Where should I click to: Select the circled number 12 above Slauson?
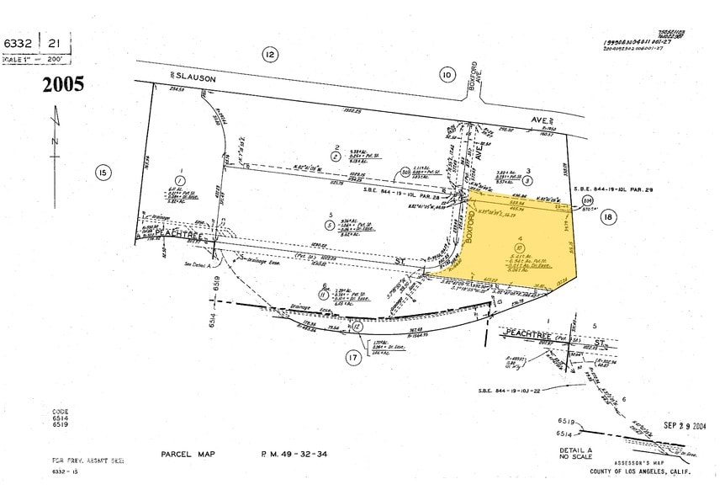[269, 55]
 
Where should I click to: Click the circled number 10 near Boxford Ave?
[446, 76]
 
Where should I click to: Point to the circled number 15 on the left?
[103, 173]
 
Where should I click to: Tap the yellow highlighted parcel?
[513, 244]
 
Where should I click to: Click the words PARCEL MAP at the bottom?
[188, 455]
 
